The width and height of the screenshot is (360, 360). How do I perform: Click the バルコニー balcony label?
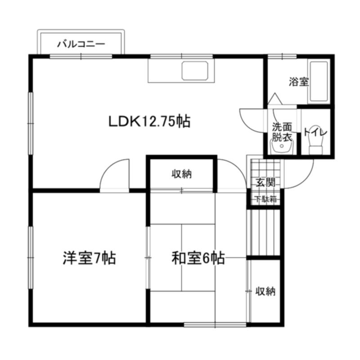pyautogui.click(x=81, y=44)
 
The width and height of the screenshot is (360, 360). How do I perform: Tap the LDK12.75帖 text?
pyautogui.click(x=149, y=121)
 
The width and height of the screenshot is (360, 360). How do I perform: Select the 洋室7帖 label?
pyautogui.click(x=89, y=258)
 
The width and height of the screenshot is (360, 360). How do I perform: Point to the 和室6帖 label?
pyautogui.click(x=198, y=258)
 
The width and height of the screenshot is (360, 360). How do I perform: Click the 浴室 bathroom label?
pyautogui.click(x=299, y=82)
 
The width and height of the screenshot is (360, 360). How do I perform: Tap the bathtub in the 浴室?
pyautogui.click(x=319, y=81)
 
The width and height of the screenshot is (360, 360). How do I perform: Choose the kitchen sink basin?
pyautogui.click(x=195, y=71)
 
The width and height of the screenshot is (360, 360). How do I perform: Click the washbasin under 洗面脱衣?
pyautogui.click(x=282, y=147)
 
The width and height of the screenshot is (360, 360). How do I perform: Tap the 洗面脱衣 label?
pyautogui.click(x=282, y=132)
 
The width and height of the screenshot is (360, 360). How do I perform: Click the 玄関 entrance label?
pyautogui.click(x=265, y=183)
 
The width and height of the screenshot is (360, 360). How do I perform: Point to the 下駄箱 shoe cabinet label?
pyautogui.click(x=266, y=199)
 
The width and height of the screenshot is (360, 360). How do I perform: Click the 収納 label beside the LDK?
pyautogui.click(x=182, y=175)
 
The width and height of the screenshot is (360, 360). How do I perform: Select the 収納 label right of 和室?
pyautogui.click(x=265, y=291)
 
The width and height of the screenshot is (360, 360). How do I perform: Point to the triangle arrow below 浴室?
pyautogui.click(x=275, y=99)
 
